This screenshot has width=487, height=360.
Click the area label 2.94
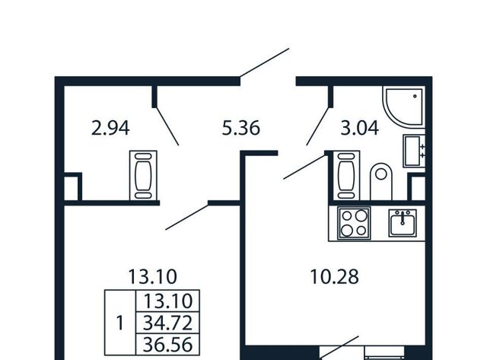[110, 128]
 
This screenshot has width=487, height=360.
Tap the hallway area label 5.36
[241, 128]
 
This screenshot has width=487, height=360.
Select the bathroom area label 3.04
[360, 128]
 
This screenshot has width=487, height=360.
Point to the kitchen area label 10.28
[335, 276]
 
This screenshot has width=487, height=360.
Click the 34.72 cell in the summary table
[167, 323]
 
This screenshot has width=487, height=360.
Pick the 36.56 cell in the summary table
[167, 345]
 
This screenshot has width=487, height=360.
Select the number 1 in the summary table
[120, 323]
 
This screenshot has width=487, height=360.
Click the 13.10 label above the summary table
[152, 276]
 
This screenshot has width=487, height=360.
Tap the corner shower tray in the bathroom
[404, 107]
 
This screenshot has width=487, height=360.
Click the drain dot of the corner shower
[415, 97]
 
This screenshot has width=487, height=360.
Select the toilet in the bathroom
[381, 182]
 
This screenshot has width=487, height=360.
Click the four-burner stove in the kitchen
[354, 223]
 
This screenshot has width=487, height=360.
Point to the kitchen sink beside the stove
[403, 222]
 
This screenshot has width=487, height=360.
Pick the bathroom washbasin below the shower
[414, 151]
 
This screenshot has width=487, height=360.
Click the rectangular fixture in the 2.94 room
[143, 176]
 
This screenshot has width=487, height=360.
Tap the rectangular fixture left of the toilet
[346, 176]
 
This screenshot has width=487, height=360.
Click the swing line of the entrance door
[265, 62]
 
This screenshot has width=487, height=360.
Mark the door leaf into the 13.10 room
[186, 216]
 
